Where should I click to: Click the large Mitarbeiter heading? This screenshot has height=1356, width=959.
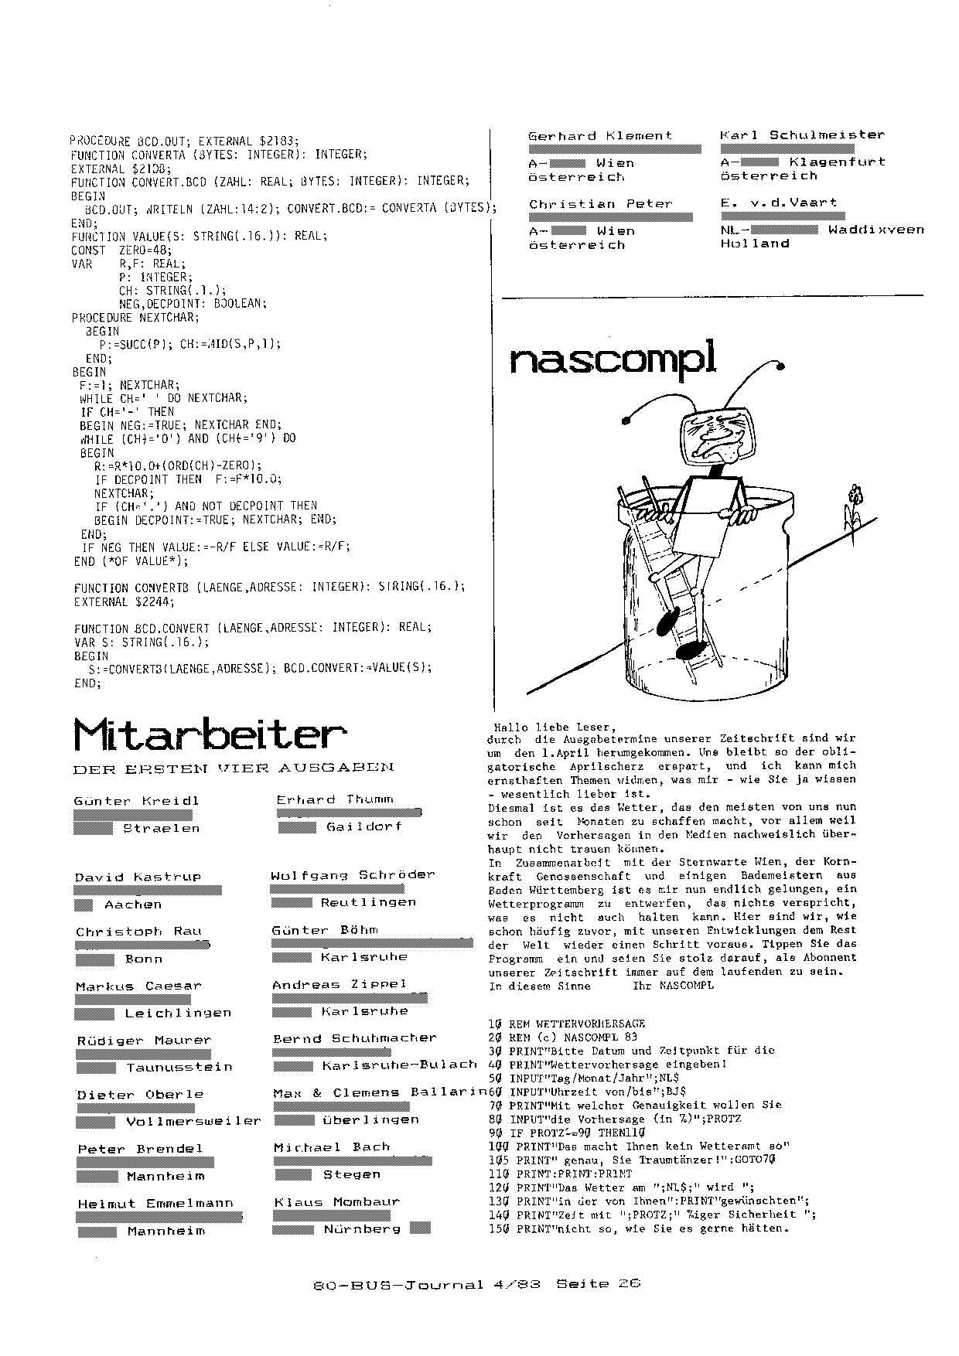click(x=209, y=734)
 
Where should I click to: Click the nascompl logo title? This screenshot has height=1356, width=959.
click(x=613, y=359)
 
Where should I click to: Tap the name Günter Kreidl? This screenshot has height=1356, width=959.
click(x=137, y=801)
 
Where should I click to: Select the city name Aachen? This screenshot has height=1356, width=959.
click(x=133, y=905)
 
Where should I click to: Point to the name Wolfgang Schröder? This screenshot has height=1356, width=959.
click(x=353, y=875)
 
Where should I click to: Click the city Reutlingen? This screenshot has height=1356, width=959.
click(x=368, y=902)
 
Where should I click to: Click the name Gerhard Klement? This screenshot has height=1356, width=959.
click(x=600, y=136)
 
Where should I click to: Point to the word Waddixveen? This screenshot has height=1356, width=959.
click(x=875, y=230)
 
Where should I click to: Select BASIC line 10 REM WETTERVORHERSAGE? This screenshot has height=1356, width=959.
click(x=566, y=1024)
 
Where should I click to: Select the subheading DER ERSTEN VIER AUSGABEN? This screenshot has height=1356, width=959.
click(x=233, y=768)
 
